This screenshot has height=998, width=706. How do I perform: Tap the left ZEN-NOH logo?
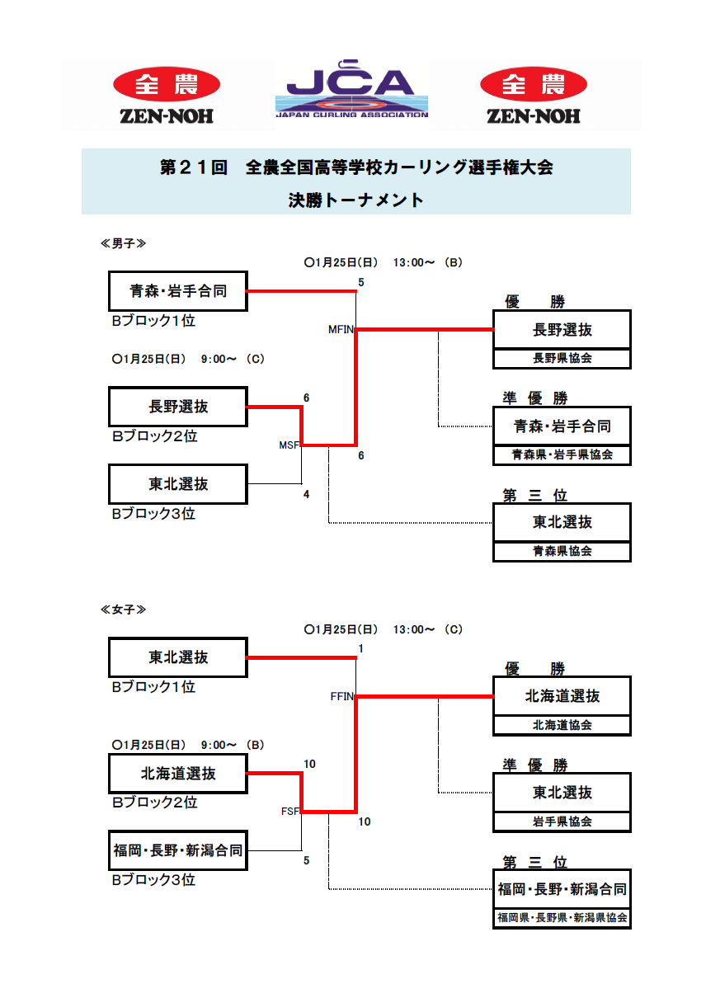click(x=167, y=96)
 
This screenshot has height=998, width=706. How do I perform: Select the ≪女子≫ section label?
click(x=124, y=610)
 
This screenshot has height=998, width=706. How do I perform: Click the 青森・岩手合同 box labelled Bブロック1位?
click(x=178, y=291)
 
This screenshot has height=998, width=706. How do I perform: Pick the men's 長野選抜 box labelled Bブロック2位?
click(x=178, y=407)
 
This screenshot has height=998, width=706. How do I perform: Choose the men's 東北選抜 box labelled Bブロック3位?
click(x=178, y=484)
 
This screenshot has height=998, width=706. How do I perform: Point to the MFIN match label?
click(x=341, y=330)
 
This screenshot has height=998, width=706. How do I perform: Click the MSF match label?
click(x=289, y=445)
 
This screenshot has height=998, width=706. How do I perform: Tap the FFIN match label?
click(x=341, y=696)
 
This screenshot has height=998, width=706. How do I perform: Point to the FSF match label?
click(x=289, y=812)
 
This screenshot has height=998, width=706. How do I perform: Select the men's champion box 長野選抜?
click(x=562, y=330)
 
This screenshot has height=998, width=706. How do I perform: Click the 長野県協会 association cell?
click(x=562, y=359)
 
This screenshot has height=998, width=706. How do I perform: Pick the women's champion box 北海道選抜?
click(x=562, y=696)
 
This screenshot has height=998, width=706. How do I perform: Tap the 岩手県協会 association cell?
click(x=562, y=821)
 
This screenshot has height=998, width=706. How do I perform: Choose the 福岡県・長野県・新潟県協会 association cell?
click(x=562, y=918)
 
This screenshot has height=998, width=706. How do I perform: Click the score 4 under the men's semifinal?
click(x=307, y=495)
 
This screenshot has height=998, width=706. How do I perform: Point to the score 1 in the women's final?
click(x=360, y=649)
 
